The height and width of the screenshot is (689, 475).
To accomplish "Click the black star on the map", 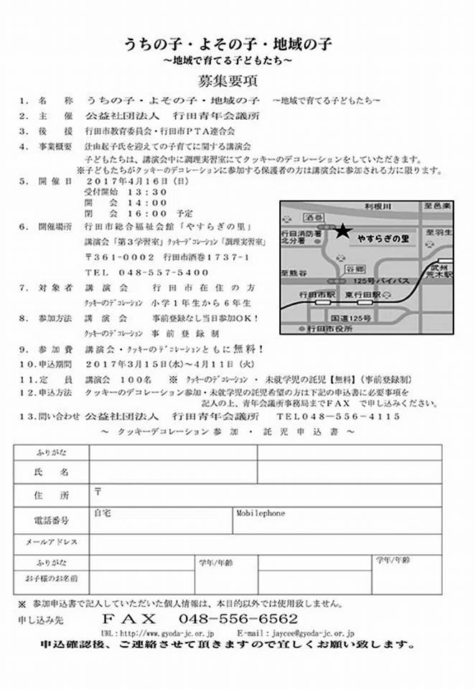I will (342, 230).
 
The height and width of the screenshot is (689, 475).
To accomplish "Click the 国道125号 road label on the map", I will (345, 316).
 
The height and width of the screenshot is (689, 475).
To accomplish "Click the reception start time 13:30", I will (148, 192).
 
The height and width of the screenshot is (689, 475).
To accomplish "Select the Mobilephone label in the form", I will (260, 514).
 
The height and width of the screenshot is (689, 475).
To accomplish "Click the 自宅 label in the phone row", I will (102, 514).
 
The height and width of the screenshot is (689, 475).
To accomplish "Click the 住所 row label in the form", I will (51, 496).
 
